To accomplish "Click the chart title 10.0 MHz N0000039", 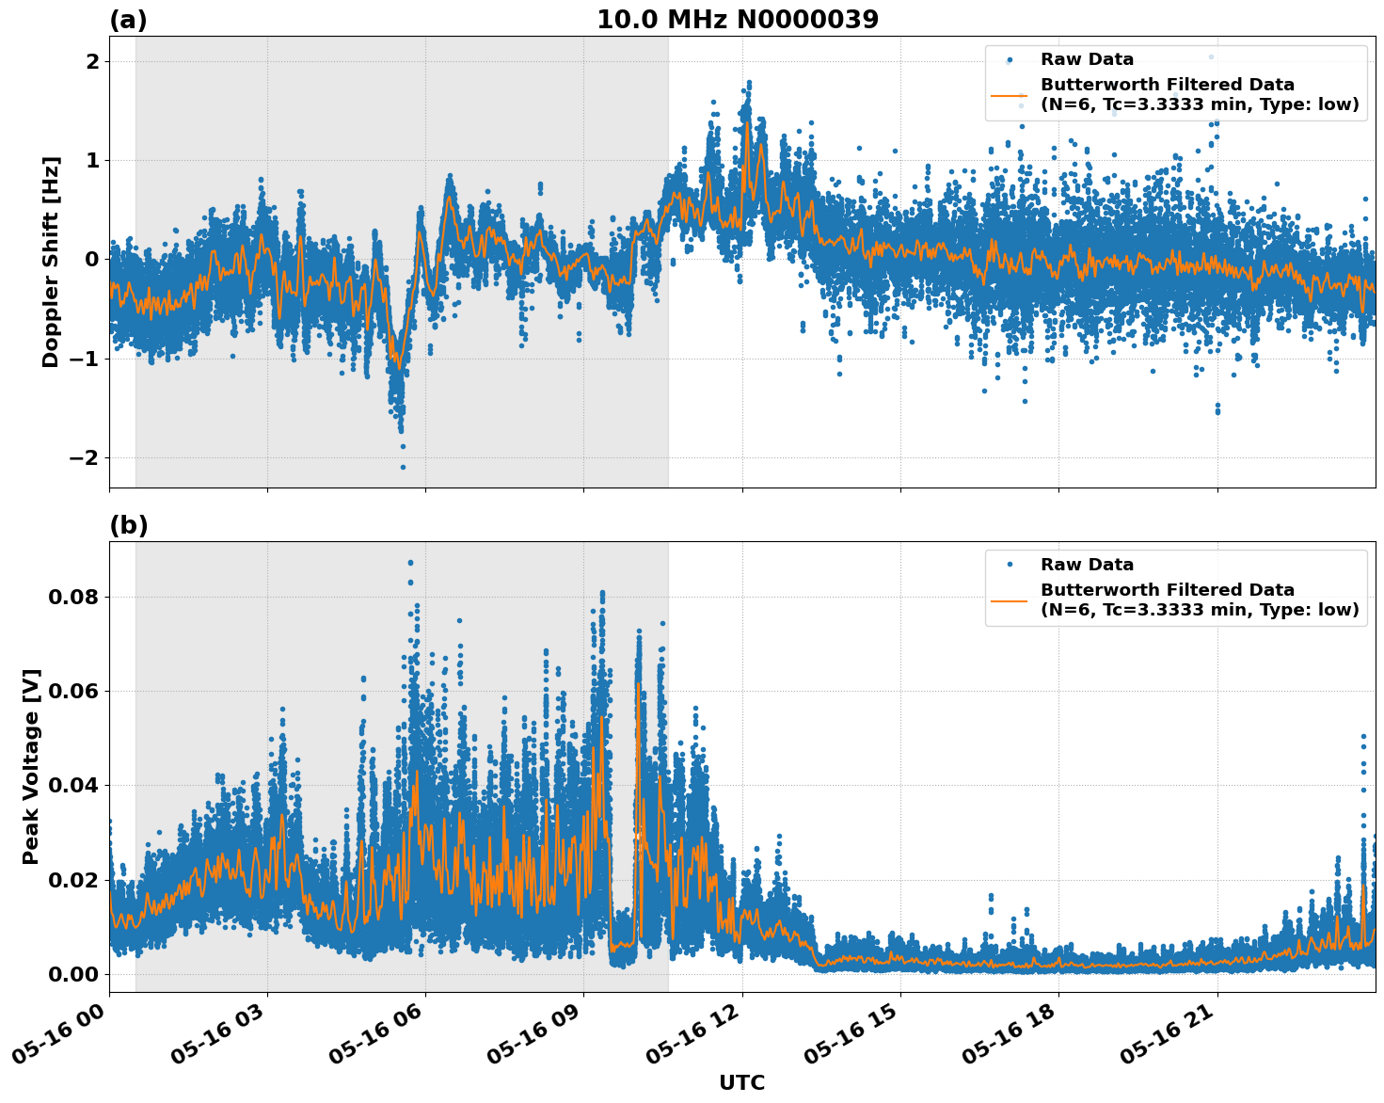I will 738,20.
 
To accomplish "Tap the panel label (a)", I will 129,20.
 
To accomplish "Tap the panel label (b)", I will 129,525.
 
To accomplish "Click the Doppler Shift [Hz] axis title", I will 51,262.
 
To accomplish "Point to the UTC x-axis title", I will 741,1082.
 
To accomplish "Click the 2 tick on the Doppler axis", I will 93,62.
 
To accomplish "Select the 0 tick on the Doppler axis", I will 93,260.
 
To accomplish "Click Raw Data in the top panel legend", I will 1087,59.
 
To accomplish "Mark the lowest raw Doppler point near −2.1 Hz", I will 403,467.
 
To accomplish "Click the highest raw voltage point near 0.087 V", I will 410,563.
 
